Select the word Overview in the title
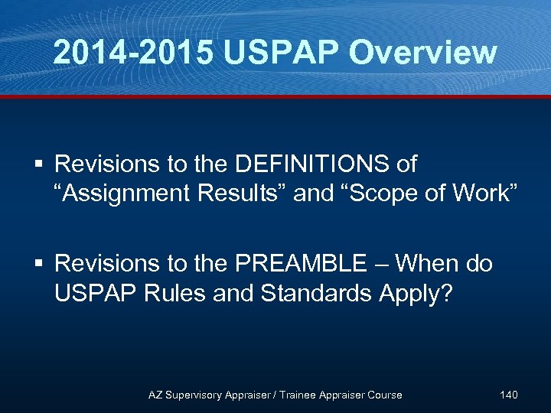(422, 52)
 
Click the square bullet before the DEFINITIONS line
(41, 164)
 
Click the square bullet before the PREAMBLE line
(41, 265)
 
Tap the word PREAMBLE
(301, 265)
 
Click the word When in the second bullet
(432, 265)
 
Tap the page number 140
(508, 395)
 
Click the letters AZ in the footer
(156, 395)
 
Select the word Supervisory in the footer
(197, 395)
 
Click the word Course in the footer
(385, 395)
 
